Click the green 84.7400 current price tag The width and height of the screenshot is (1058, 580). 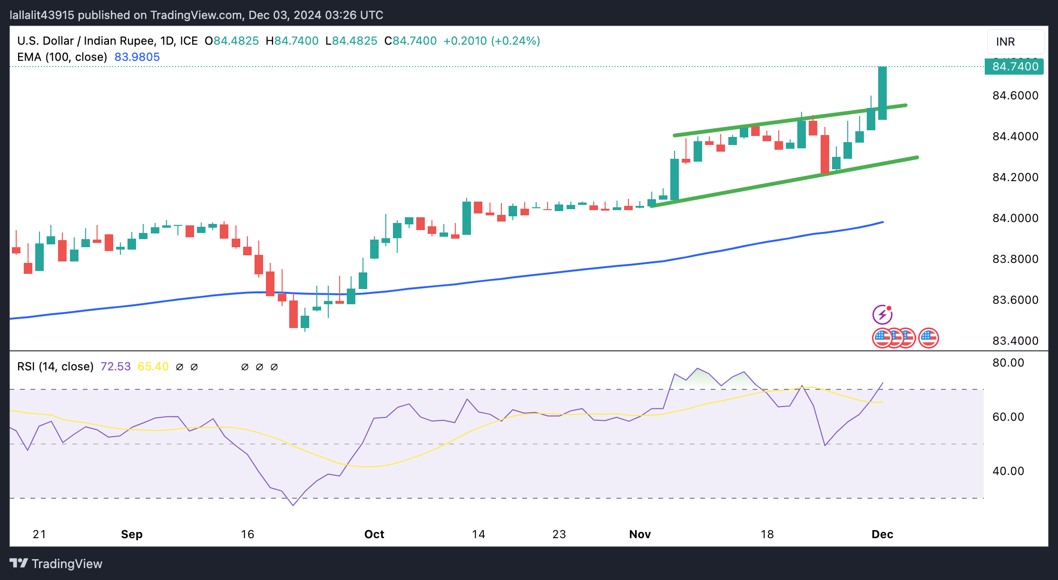click(x=1014, y=67)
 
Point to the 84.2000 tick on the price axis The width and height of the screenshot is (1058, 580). click(x=1015, y=177)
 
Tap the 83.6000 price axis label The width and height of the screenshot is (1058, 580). click(x=1015, y=300)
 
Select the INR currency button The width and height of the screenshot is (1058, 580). click(x=1015, y=42)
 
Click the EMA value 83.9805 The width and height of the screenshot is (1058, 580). click(x=137, y=57)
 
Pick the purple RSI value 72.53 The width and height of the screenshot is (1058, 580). click(x=116, y=367)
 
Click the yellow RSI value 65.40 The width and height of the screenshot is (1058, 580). click(x=153, y=367)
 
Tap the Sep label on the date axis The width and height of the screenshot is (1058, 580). click(x=132, y=534)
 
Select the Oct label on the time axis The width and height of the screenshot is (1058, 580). click(x=374, y=534)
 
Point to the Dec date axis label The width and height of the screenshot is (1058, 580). click(x=882, y=534)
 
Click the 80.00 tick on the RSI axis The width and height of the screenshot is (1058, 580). click(x=1008, y=363)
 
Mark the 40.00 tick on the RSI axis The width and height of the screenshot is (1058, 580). click(x=1008, y=471)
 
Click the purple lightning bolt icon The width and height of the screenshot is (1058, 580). click(x=882, y=315)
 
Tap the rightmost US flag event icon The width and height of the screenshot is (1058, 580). click(x=928, y=338)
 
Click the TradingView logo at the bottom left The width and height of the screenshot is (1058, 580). click(x=56, y=564)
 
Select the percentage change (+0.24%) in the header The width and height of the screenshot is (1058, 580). click(x=515, y=41)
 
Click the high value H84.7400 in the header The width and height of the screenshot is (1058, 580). click(x=292, y=41)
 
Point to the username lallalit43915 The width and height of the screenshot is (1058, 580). click(x=42, y=15)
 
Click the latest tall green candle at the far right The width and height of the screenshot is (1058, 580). click(x=882, y=93)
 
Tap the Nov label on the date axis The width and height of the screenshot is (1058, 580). click(x=640, y=534)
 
